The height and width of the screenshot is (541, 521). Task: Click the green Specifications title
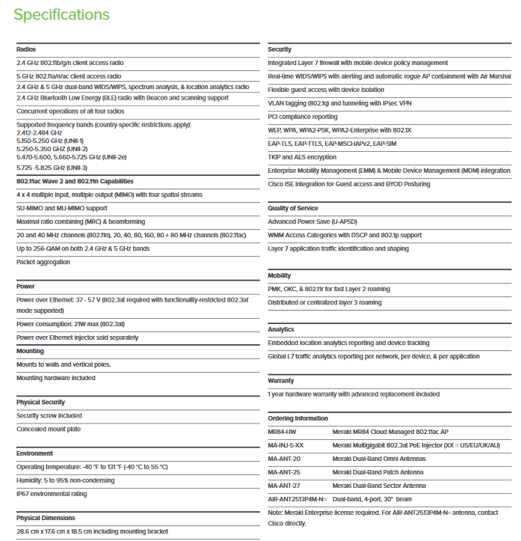(x=61, y=15)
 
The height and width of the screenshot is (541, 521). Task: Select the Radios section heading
(x=26, y=49)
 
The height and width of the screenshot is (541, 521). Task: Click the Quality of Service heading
(x=293, y=208)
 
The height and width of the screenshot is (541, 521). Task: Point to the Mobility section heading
(x=280, y=275)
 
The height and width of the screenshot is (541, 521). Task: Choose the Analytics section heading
(x=281, y=329)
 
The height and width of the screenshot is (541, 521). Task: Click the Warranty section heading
(x=281, y=380)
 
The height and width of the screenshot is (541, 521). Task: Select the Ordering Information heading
(x=298, y=418)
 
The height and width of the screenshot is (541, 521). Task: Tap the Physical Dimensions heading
(x=46, y=518)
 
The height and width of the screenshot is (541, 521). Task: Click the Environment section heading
(x=34, y=453)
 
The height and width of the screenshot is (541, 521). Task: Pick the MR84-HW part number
(x=282, y=432)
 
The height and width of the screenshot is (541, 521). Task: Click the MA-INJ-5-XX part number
(x=286, y=445)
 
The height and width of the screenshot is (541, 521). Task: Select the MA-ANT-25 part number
(x=284, y=472)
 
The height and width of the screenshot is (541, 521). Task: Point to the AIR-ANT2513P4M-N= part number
(x=297, y=498)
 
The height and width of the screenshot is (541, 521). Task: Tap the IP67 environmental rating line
(x=51, y=494)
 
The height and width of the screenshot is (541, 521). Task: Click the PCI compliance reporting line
(x=303, y=117)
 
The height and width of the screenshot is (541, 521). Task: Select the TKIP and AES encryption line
(x=302, y=157)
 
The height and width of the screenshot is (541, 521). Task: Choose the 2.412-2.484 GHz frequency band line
(x=42, y=132)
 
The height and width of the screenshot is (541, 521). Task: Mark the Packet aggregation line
(x=43, y=262)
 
